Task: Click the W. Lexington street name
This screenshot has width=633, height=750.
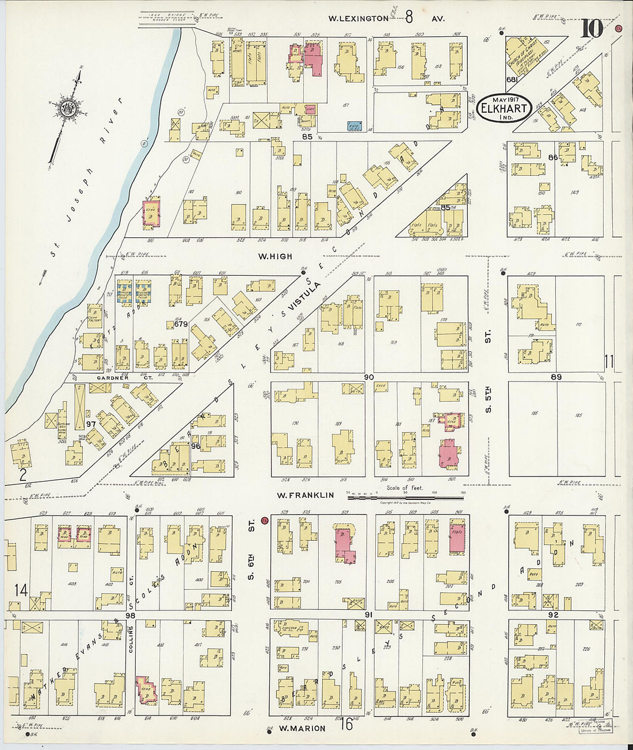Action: coord(358,18)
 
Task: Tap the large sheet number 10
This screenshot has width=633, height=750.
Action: coord(591,28)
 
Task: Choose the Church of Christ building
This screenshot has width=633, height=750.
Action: coord(525,57)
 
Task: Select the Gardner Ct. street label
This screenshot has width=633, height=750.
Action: coord(112,378)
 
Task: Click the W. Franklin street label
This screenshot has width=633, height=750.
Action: coord(305,495)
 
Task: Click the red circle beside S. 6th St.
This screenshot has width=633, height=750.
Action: coord(265,521)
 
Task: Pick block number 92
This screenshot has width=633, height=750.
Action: coord(553,614)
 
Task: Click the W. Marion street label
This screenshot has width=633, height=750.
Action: coord(302,728)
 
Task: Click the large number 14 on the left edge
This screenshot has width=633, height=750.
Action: coord(21,590)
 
